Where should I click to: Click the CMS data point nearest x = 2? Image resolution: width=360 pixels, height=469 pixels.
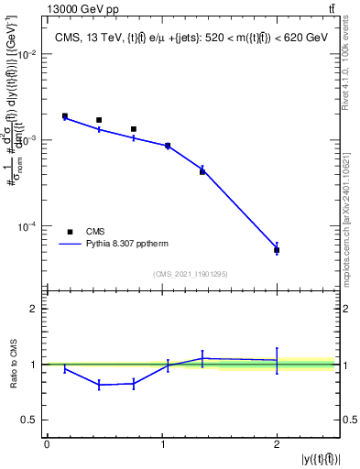click(x=277, y=249)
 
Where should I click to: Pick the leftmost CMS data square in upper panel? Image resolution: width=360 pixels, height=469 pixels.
click(x=65, y=116)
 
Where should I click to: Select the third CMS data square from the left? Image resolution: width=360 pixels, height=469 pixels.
click(x=134, y=129)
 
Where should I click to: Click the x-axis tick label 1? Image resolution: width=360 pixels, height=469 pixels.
click(x=161, y=445)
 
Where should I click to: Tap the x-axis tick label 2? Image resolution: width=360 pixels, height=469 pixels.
click(x=277, y=445)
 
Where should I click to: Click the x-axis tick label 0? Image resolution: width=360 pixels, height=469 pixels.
click(x=47, y=445)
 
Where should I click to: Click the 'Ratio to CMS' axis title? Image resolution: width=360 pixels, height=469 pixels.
click(x=12, y=364)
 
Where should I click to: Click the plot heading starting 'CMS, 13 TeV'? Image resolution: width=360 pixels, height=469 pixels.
click(x=190, y=37)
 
